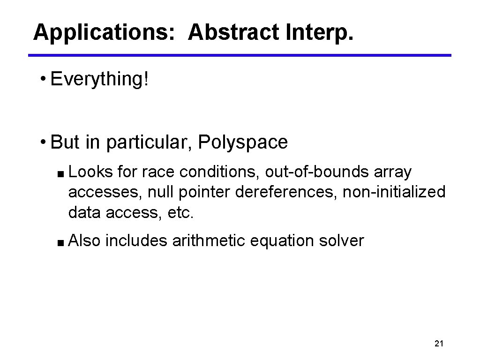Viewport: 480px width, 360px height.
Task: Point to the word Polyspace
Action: coord(243,142)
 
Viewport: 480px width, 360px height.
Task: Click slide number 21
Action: coord(439,344)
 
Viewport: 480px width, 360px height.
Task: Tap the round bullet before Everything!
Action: coord(43,79)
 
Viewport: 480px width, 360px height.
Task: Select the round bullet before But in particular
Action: coord(43,142)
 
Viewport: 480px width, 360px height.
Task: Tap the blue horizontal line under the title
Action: coord(240,55)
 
